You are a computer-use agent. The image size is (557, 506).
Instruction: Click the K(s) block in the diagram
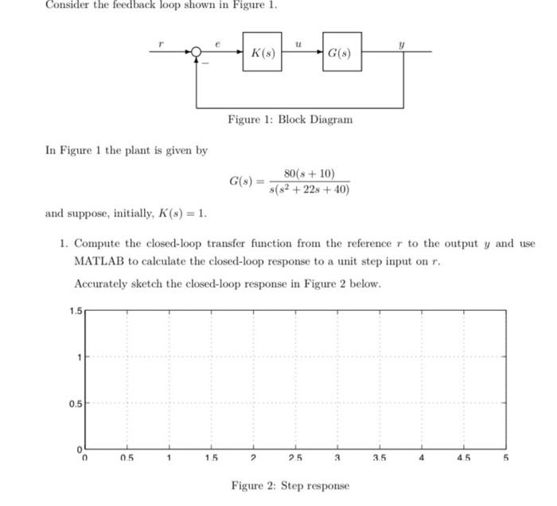[263, 53]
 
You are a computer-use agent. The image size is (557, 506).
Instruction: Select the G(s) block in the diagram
[341, 53]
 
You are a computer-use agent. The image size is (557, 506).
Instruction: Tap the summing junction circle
[196, 53]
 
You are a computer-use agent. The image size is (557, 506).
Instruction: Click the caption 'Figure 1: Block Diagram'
[290, 120]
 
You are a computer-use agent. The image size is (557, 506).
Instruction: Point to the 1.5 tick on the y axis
[74, 310]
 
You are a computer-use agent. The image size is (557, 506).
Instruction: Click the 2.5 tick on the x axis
[295, 458]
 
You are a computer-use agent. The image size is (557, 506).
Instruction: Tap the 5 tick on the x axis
[504, 458]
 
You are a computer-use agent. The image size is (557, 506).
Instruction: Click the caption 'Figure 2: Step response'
[290, 485]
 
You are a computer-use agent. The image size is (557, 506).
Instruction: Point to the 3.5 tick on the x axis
[379, 458]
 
